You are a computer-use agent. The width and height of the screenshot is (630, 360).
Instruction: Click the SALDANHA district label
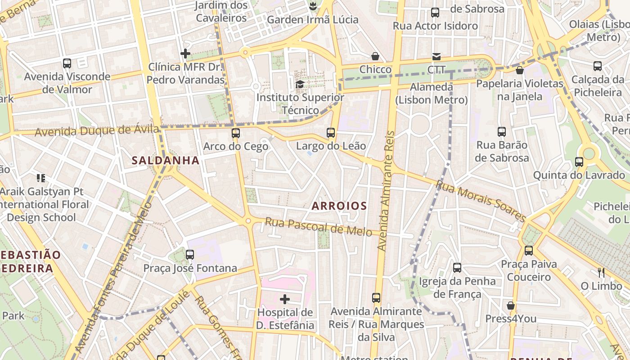click(x=165, y=160)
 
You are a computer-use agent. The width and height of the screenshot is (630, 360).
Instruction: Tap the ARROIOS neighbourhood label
click(x=339, y=206)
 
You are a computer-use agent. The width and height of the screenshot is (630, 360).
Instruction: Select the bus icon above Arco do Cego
click(x=236, y=133)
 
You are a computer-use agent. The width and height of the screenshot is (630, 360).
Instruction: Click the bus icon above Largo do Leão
click(x=331, y=133)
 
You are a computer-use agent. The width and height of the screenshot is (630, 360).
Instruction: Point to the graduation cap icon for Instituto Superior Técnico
click(x=300, y=84)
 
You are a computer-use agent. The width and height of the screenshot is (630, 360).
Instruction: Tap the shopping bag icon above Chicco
click(x=375, y=56)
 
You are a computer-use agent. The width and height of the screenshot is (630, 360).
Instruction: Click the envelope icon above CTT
click(x=436, y=57)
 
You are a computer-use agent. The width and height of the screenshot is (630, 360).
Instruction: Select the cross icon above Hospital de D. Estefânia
click(x=284, y=299)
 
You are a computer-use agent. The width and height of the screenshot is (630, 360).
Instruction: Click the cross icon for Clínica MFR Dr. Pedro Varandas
click(x=185, y=54)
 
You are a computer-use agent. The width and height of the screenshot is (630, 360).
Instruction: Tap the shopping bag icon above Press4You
click(x=510, y=306)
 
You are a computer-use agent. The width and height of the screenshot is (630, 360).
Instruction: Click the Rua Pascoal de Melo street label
click(x=318, y=226)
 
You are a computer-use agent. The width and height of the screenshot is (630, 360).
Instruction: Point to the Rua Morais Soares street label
click(x=481, y=201)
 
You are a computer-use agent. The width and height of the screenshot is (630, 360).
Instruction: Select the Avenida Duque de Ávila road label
click(x=97, y=131)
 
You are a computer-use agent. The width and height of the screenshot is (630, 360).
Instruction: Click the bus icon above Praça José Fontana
click(x=190, y=255)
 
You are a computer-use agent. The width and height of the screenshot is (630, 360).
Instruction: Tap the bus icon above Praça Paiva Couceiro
click(x=529, y=250)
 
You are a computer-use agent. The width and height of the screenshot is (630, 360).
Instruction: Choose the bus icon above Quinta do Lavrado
click(x=579, y=162)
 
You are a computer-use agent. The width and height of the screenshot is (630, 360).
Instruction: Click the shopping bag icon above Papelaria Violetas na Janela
click(x=520, y=70)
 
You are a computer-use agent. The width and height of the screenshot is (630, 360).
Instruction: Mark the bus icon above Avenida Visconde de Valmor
click(x=67, y=63)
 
